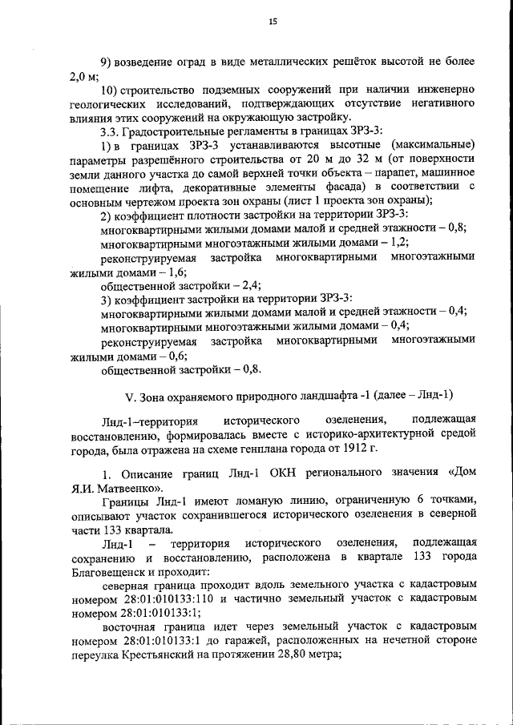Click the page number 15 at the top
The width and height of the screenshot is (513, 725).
tap(273, 23)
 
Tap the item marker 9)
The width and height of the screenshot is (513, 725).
tap(107, 62)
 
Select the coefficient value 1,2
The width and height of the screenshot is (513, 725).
tap(398, 242)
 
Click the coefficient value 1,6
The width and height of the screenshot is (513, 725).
tap(151, 271)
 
